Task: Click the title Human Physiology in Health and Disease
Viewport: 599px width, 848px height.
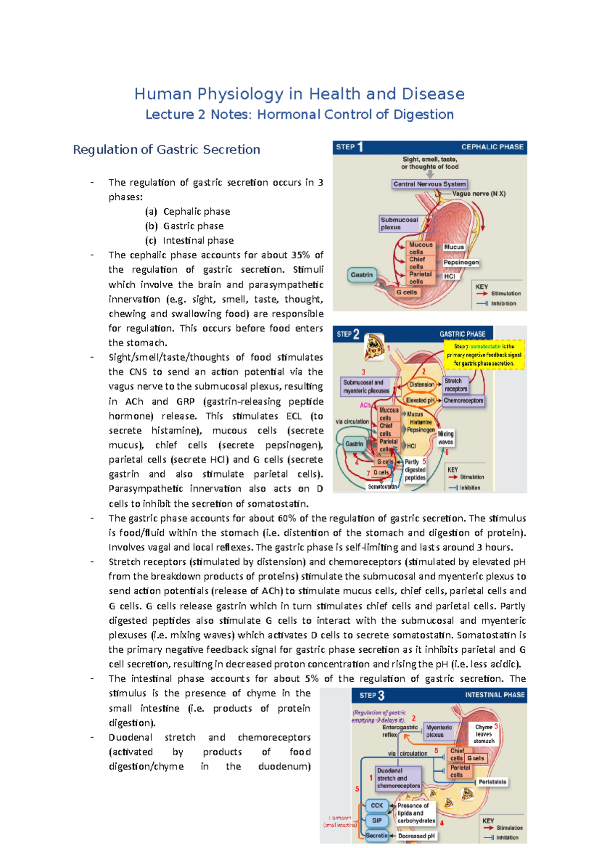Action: point(299,94)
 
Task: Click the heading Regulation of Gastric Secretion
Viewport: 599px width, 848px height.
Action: point(166,149)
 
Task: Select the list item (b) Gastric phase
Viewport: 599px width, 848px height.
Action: point(184,226)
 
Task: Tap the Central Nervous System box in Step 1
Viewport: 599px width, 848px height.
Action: point(429,184)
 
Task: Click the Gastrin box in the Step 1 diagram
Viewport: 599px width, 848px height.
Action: point(361,275)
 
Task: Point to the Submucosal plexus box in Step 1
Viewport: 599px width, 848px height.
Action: point(399,223)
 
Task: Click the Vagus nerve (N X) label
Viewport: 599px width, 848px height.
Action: point(479,193)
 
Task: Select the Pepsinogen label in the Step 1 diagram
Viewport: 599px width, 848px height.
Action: point(461,262)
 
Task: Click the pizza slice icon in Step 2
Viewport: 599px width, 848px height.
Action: point(373,347)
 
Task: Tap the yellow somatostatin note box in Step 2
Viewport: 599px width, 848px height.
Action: point(484,355)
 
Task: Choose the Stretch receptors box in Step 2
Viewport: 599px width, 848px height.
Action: point(456,385)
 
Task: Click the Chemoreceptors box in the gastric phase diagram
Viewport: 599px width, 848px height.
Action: point(463,401)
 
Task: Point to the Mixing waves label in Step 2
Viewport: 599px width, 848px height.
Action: point(445,438)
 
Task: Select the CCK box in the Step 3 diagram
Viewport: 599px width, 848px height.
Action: point(376,805)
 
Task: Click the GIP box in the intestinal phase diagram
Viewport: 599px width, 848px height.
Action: point(376,820)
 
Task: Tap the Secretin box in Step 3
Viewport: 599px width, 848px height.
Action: point(376,835)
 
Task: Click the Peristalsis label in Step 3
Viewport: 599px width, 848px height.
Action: point(492,782)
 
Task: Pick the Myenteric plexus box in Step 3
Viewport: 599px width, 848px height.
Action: point(439,731)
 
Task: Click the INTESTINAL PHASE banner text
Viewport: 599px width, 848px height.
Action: point(494,695)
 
